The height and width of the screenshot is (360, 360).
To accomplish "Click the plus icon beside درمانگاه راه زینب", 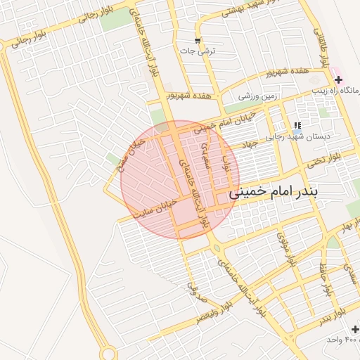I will pos(338,80).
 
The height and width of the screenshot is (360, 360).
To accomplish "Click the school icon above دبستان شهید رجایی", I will pos(297,124).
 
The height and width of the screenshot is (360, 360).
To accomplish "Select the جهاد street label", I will pos(251,144).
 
